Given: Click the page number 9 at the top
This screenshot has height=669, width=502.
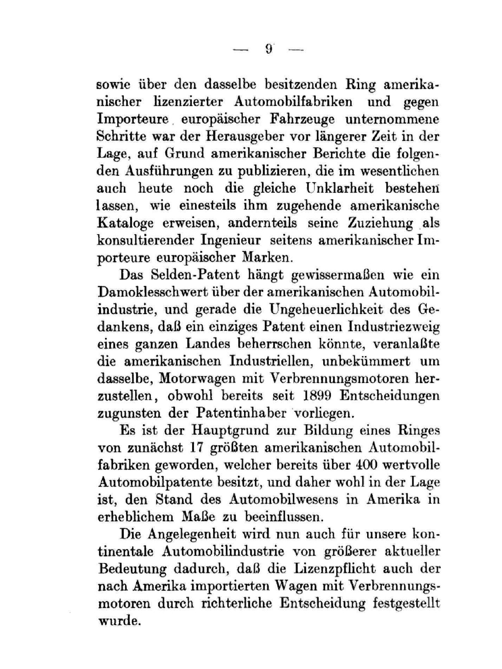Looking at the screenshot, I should [x=268, y=49].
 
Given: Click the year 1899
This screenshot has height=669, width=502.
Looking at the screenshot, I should [x=316, y=396].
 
